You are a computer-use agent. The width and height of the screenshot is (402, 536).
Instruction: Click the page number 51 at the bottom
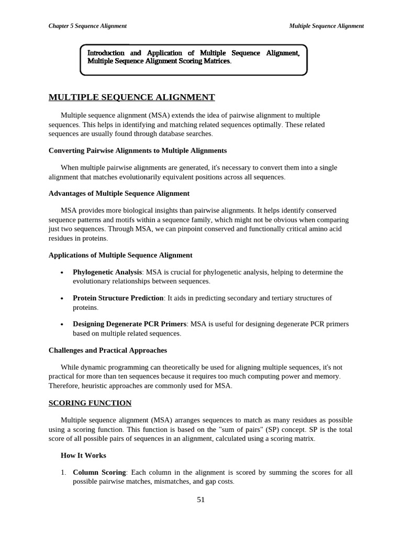(x=201, y=500)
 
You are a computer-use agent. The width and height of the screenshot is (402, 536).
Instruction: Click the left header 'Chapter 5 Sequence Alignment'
(x=87, y=26)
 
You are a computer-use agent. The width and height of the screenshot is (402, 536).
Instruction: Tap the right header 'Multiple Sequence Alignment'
(x=326, y=26)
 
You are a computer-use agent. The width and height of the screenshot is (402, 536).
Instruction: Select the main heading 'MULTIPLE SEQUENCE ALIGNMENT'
(x=131, y=97)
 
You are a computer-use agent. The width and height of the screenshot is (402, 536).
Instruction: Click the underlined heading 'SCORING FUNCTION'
(x=90, y=403)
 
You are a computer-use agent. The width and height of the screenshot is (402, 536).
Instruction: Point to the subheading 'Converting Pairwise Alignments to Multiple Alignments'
(x=138, y=151)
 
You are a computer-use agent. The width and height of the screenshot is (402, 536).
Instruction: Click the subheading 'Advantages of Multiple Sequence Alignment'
(x=119, y=194)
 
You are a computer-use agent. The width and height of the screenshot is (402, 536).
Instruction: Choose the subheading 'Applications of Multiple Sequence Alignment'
(x=120, y=255)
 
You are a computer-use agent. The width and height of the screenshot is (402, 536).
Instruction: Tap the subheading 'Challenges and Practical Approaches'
(x=108, y=350)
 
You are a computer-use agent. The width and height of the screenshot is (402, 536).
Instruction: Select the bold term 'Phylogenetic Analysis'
(x=107, y=272)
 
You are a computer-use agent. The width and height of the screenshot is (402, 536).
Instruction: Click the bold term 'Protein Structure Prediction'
(x=118, y=298)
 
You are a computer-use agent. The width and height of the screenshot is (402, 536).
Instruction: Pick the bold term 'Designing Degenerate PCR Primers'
(x=129, y=324)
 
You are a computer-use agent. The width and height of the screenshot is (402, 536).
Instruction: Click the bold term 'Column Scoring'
(x=99, y=473)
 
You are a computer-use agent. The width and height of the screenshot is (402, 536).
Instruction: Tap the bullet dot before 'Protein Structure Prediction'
(x=62, y=299)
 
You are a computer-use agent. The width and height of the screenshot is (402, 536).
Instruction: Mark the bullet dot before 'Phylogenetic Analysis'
(x=62, y=273)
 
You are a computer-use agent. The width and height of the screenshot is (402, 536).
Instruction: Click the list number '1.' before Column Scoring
(x=63, y=473)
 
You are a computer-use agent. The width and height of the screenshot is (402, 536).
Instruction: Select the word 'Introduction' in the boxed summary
(x=106, y=53)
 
